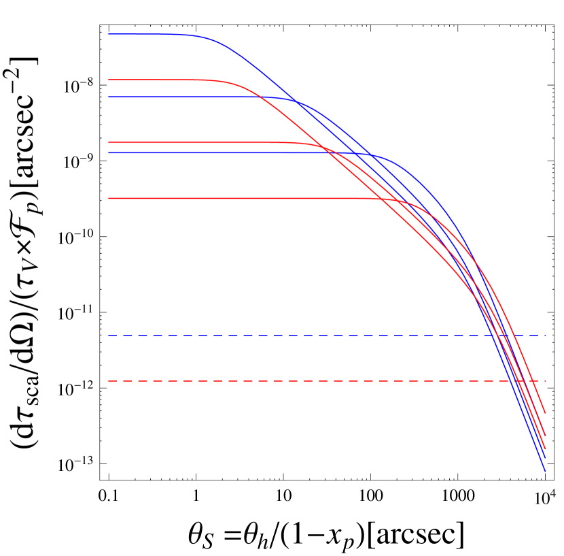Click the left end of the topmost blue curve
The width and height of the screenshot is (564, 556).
109,34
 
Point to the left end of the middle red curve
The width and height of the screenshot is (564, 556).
109,143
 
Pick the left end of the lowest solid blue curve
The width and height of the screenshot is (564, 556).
109,152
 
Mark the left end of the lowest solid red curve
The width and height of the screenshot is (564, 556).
109,199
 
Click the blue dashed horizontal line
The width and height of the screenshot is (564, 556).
306,336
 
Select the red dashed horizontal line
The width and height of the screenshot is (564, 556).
306,380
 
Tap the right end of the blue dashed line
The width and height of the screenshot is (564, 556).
546,336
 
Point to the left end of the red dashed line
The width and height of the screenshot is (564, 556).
109,380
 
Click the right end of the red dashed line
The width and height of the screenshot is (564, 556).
546,380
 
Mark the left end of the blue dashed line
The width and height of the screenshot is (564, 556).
109,336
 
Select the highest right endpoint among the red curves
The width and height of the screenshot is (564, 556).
546,412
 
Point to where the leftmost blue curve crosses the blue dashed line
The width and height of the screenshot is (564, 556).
490,336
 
